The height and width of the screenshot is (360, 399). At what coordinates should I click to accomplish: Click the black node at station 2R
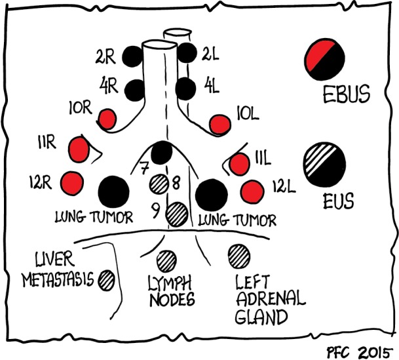(x=132, y=56)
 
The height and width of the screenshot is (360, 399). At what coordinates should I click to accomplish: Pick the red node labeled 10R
(x=107, y=119)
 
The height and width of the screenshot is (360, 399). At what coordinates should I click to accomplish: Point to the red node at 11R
(x=79, y=149)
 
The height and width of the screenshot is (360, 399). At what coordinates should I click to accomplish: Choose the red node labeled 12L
(x=251, y=191)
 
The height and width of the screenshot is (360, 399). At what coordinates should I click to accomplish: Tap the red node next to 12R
(x=69, y=182)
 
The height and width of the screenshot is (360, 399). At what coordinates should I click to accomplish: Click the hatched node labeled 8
(x=159, y=183)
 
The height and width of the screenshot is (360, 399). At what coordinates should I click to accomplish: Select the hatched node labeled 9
(x=177, y=213)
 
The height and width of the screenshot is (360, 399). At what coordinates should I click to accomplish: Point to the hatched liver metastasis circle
(x=107, y=281)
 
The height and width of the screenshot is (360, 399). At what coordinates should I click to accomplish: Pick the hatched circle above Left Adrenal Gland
(x=237, y=254)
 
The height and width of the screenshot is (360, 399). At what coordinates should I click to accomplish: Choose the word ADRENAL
(x=270, y=301)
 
